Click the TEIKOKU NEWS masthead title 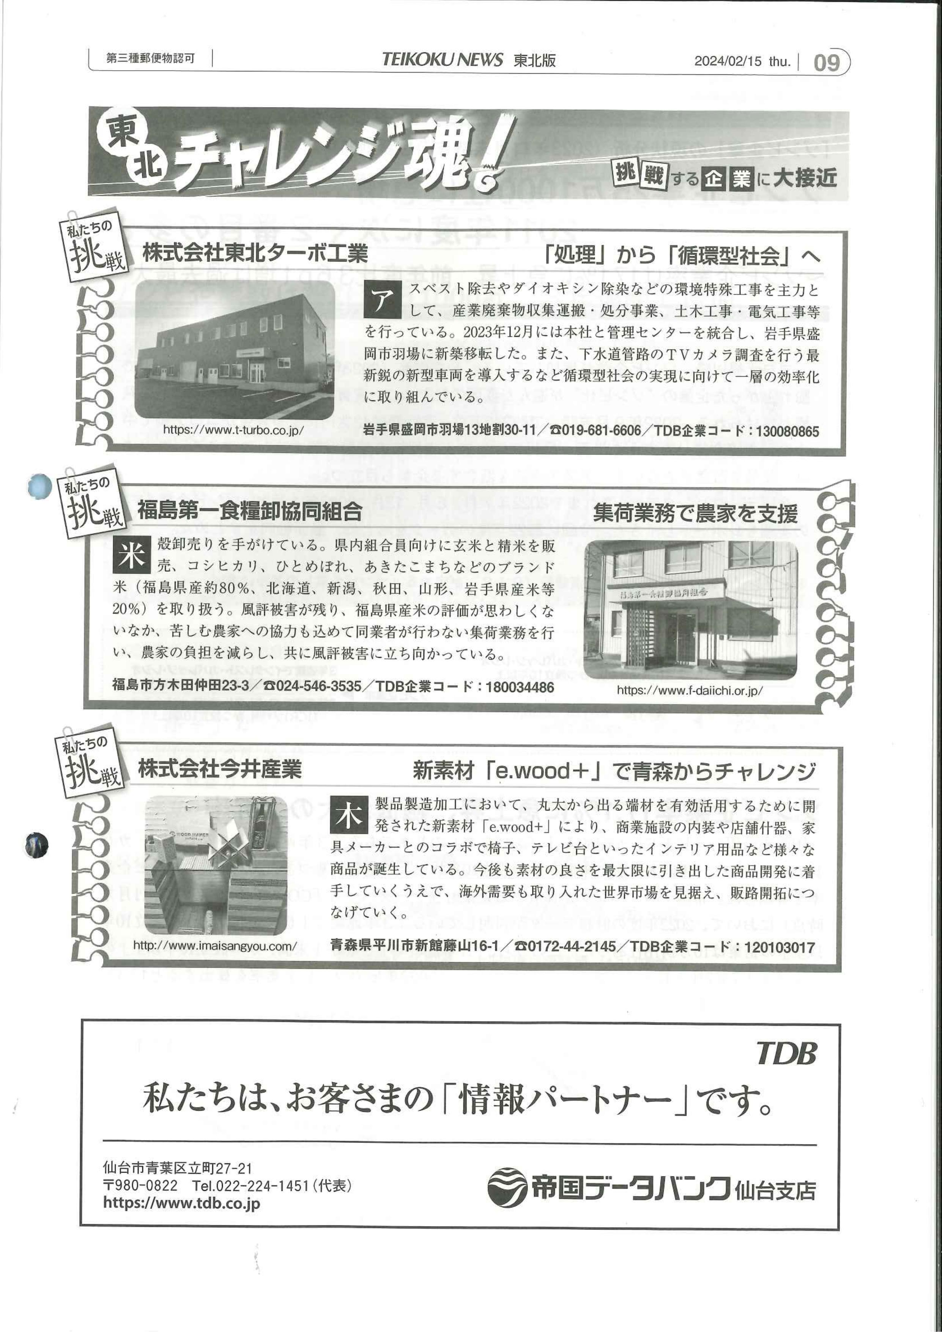[x=443, y=59]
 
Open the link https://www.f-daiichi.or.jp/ [x=690, y=690]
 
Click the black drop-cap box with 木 [x=349, y=816]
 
